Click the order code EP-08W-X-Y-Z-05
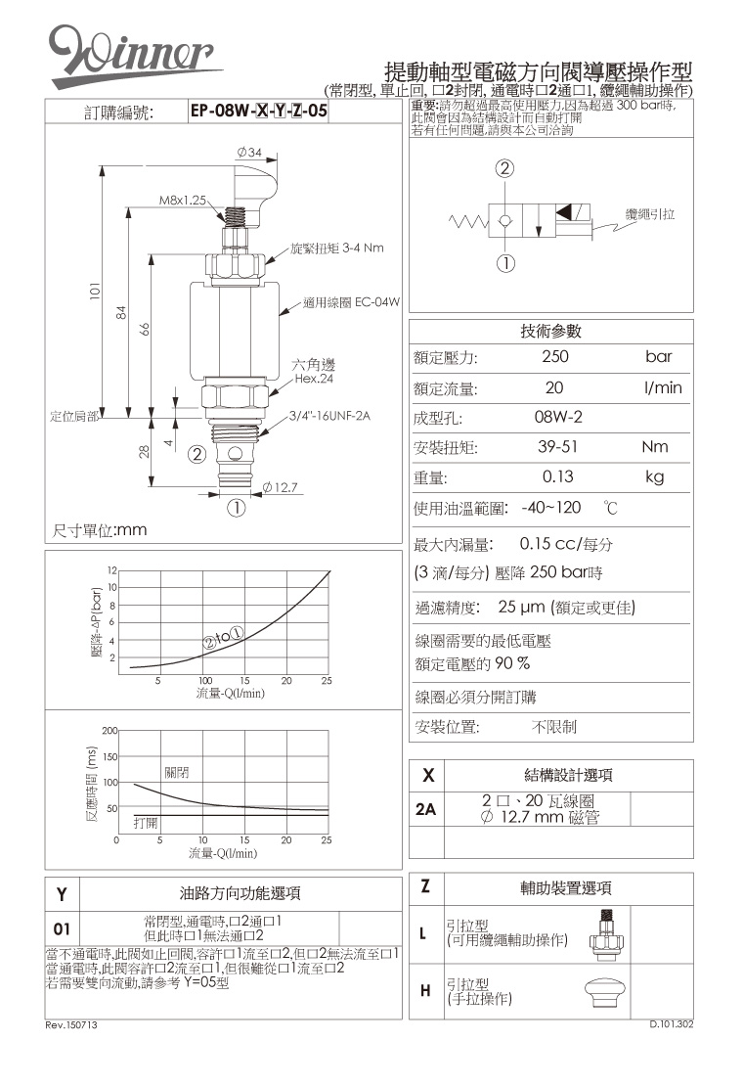(258, 113)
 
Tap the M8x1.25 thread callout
(184, 200)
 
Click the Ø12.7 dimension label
(280, 487)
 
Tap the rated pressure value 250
(554, 357)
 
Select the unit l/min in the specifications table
(663, 388)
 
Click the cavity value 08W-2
(558, 418)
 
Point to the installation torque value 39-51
(555, 447)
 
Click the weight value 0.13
(557, 477)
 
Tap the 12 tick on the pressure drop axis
(112, 569)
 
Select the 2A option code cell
(425, 811)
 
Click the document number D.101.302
(672, 1024)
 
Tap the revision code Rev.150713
(71, 1024)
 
